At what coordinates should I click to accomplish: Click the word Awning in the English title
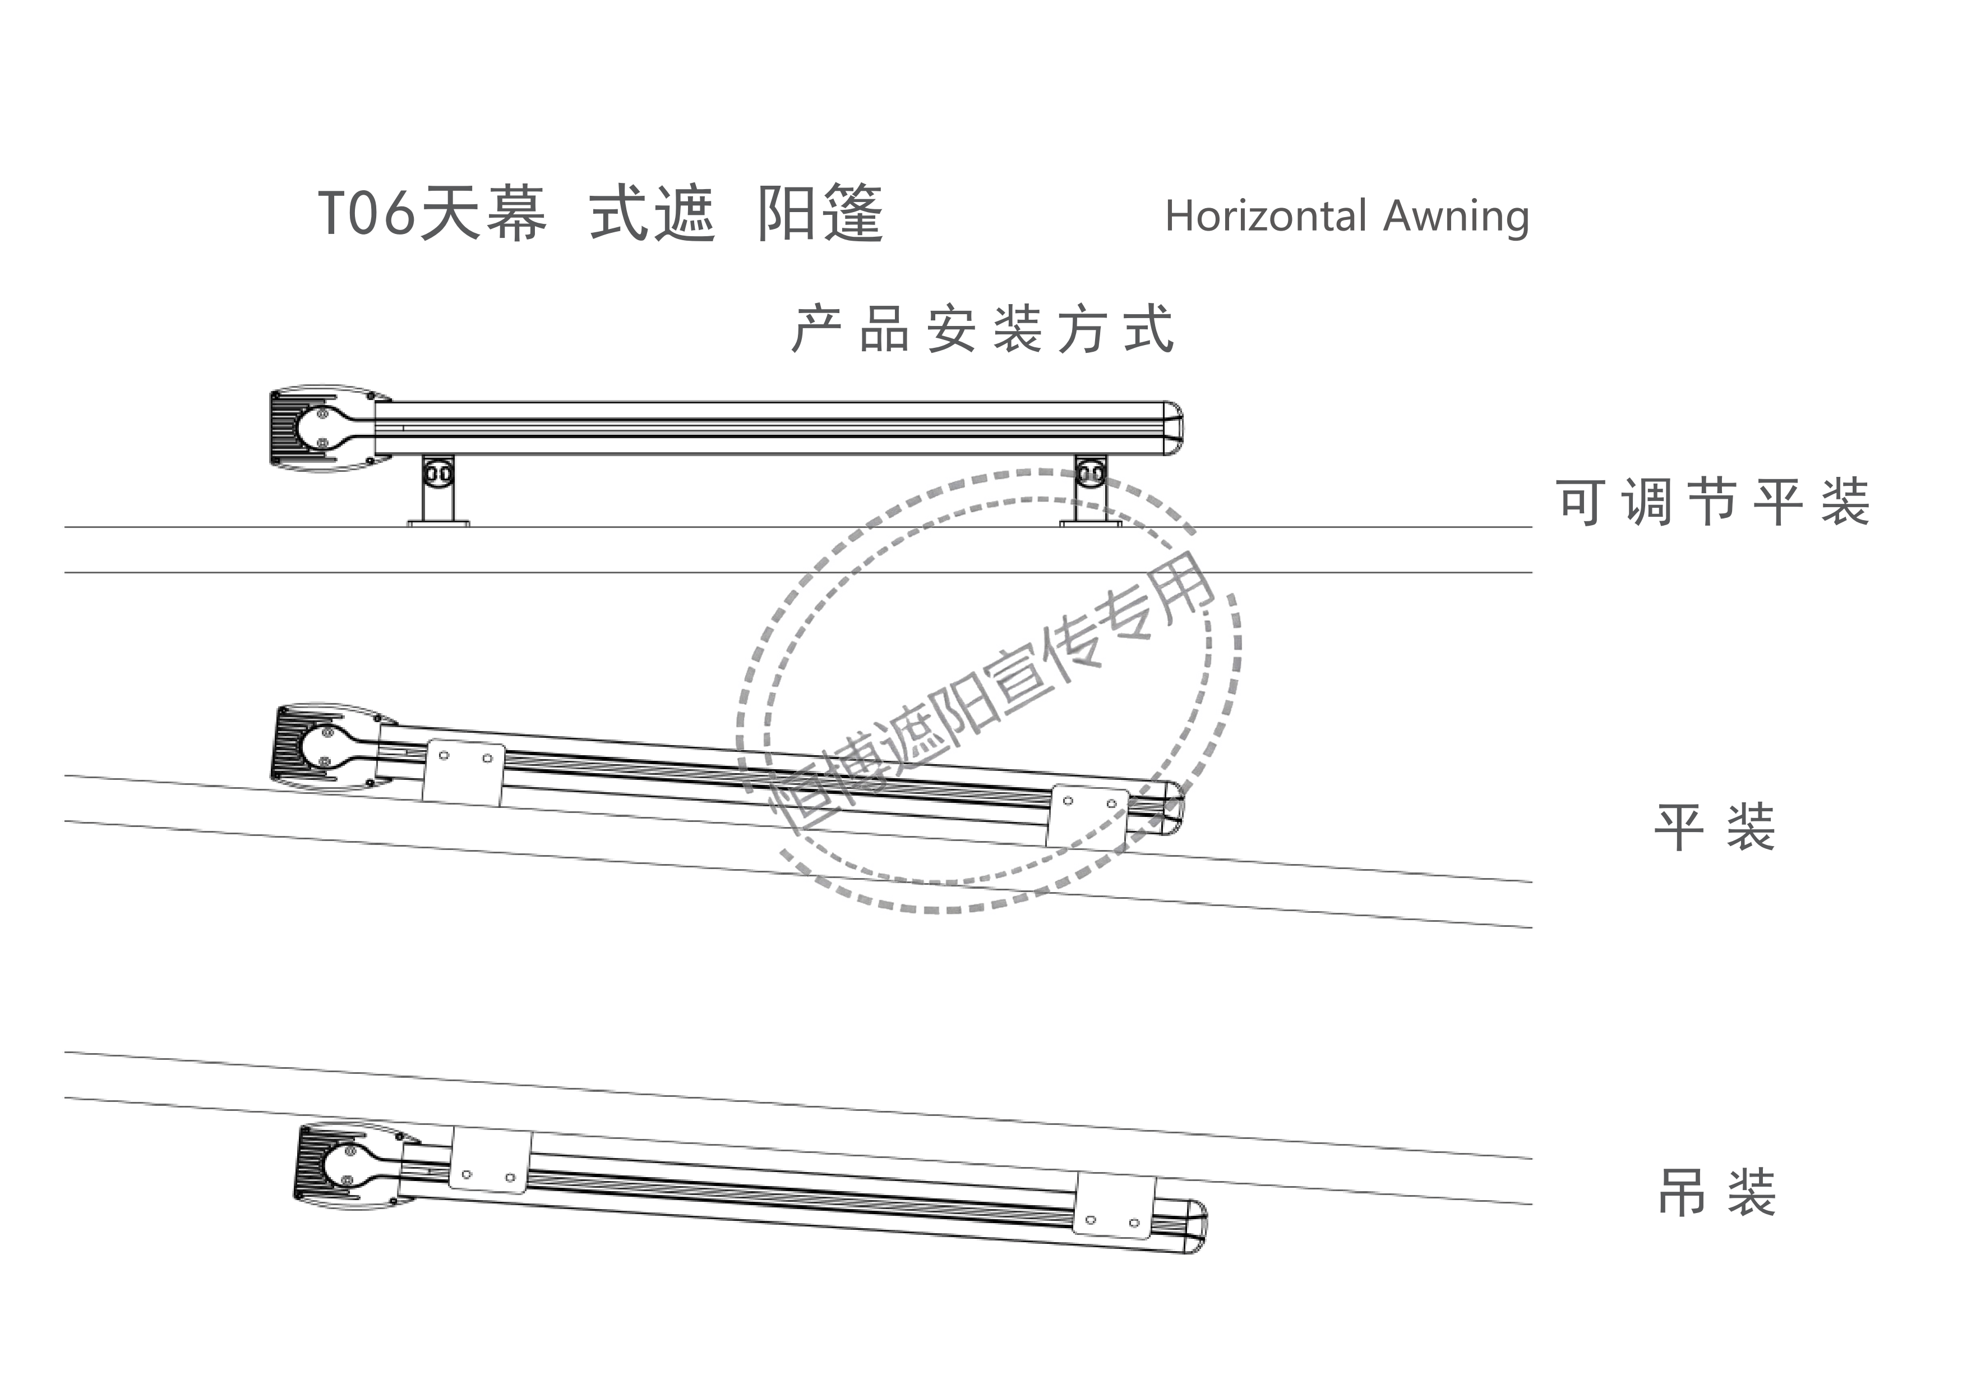click(1456, 218)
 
